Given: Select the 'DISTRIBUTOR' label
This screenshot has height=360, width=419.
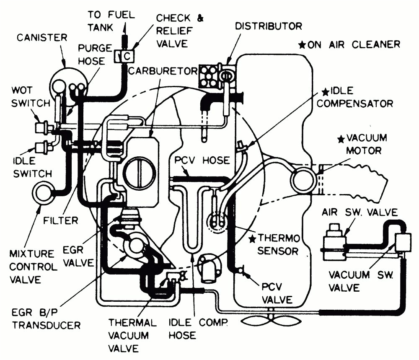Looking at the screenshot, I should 268,26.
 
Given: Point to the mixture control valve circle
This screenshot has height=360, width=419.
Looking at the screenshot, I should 43,194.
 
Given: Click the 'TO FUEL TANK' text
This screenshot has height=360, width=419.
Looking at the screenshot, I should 111,21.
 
